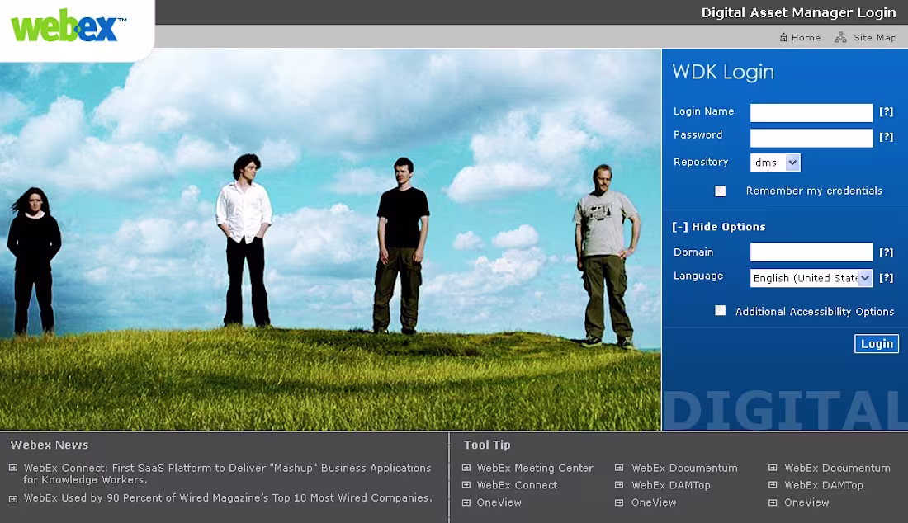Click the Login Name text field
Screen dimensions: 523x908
click(811, 112)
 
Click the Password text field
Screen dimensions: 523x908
click(811, 138)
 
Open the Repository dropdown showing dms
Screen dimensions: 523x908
click(775, 163)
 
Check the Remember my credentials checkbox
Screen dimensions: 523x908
click(721, 191)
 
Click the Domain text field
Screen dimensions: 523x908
click(811, 252)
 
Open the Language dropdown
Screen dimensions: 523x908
click(811, 278)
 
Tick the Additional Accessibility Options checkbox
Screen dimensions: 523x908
click(721, 311)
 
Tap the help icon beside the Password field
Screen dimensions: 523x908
click(886, 138)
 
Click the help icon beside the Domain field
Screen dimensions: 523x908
click(886, 252)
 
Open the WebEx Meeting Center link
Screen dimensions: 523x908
click(535, 468)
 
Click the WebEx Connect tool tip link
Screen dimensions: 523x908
click(517, 485)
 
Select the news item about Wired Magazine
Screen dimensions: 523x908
click(228, 498)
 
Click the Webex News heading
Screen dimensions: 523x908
click(50, 445)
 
